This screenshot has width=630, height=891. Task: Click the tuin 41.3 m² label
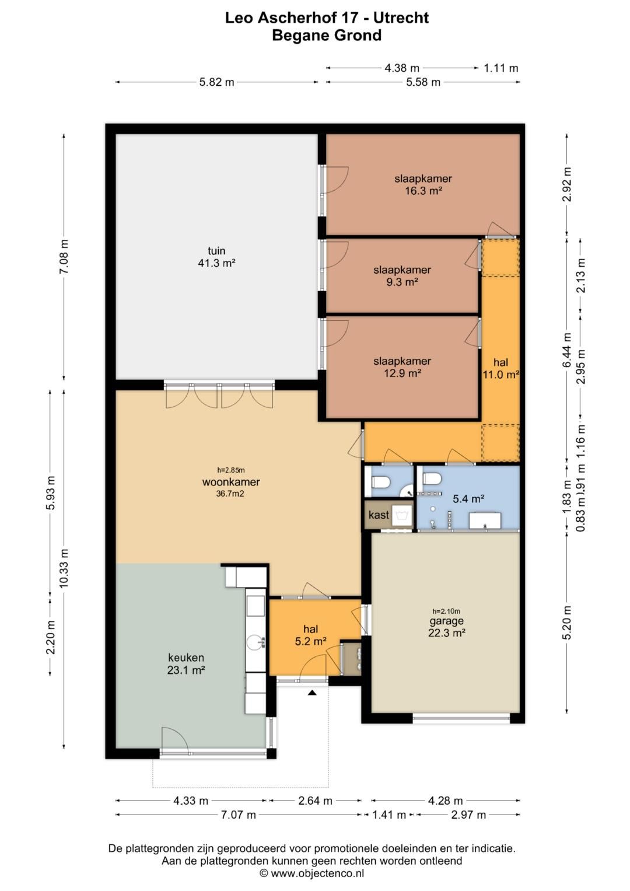click(x=217, y=257)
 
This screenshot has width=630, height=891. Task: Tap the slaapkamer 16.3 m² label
click(x=423, y=184)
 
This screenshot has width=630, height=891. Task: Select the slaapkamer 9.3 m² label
click(x=402, y=276)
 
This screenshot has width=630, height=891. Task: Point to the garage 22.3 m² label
click(x=447, y=627)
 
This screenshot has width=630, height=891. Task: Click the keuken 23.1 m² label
click(x=186, y=664)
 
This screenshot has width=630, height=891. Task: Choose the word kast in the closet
click(x=379, y=515)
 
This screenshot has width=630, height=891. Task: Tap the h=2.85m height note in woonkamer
click(x=231, y=470)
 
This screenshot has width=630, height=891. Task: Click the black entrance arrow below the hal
click(x=312, y=693)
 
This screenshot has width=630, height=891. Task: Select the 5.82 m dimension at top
click(x=217, y=82)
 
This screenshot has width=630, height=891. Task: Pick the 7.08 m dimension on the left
click(x=64, y=257)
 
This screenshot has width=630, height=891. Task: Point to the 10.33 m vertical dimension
click(x=64, y=569)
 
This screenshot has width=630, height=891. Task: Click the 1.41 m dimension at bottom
click(x=389, y=815)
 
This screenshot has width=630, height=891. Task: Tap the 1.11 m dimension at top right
click(x=501, y=68)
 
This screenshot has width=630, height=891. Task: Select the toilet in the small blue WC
click(x=380, y=482)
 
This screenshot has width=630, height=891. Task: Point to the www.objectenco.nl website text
click(x=317, y=873)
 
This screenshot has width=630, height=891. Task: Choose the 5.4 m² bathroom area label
click(x=468, y=498)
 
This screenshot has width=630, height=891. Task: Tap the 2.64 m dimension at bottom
click(x=315, y=801)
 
